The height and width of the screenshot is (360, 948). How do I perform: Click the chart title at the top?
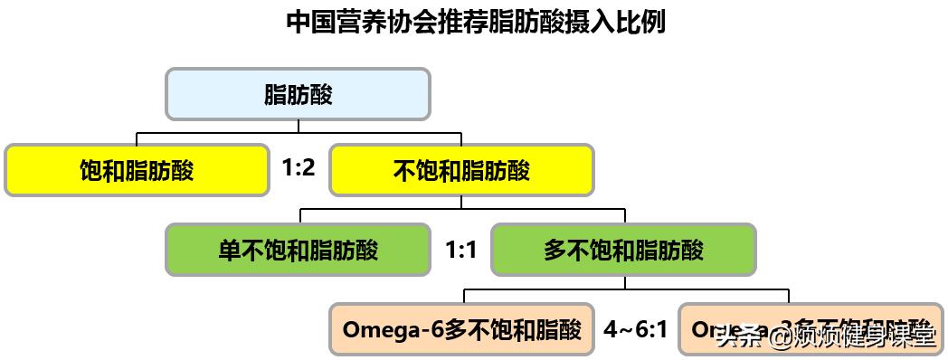click(475, 22)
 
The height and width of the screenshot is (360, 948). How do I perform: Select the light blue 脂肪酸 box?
click(298, 94)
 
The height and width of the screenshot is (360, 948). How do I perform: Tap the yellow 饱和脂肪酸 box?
click(137, 170)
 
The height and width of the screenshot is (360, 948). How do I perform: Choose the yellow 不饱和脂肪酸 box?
click(461, 170)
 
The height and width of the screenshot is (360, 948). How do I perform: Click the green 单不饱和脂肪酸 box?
click(298, 249)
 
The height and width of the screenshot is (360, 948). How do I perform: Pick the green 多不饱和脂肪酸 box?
click(623, 249)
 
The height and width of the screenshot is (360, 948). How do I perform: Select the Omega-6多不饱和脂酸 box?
click(461, 328)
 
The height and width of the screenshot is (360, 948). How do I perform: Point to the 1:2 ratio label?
click(299, 168)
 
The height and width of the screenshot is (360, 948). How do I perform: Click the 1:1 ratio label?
click(461, 249)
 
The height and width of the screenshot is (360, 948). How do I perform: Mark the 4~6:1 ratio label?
click(636, 328)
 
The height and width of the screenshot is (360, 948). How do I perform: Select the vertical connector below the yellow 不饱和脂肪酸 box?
click(461, 203)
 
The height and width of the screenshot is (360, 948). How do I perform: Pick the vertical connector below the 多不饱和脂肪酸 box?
click(623, 282)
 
